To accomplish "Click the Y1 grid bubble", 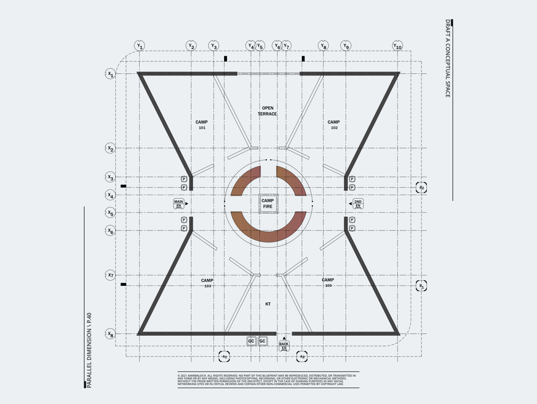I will click(x=139, y=46).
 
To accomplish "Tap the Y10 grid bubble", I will click(x=398, y=46).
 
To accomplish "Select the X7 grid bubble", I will click(x=110, y=275).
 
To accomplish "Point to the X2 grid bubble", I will click(x=110, y=148).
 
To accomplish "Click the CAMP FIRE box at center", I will click(x=268, y=203).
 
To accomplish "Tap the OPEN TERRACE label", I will click(x=267, y=111).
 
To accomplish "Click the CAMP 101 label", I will click(x=202, y=125).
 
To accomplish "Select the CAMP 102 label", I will click(x=334, y=125).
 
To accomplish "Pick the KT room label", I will click(x=268, y=304).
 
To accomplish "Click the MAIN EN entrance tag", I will click(x=179, y=204).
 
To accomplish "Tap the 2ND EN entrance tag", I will click(x=358, y=204).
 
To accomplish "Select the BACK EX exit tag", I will click(x=284, y=346).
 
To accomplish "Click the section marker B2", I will click(x=421, y=188).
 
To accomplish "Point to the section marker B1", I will click(x=421, y=286).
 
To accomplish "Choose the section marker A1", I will click(x=224, y=357).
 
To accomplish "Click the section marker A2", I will click(x=302, y=357).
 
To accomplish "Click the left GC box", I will click(x=251, y=341).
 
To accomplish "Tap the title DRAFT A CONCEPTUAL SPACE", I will click(x=448, y=59).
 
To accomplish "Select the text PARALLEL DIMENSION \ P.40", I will click(x=89, y=350).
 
